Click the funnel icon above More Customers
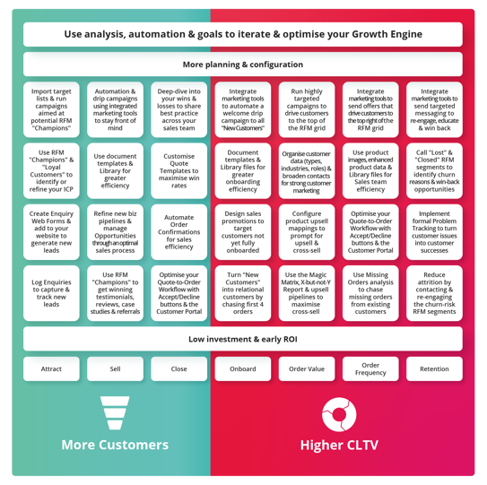[115, 412]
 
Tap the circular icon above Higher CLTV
[339, 414]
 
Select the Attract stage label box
[51, 368]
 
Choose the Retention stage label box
[434, 368]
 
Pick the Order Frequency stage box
[370, 368]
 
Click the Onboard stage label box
[243, 368]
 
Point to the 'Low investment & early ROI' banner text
[243, 339]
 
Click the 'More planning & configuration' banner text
[243, 65]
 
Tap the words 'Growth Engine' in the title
[387, 34]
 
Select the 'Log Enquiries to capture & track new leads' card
[51, 293]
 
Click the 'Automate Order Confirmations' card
[178, 232]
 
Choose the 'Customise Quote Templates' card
[178, 170]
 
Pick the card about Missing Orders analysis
[370, 293]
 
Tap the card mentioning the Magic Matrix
[307, 293]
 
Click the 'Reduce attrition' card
[434, 293]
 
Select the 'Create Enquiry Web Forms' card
[51, 232]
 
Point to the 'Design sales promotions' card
[243, 232]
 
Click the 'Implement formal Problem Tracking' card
[434, 232]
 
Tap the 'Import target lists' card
[51, 109]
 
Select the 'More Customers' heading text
[115, 445]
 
